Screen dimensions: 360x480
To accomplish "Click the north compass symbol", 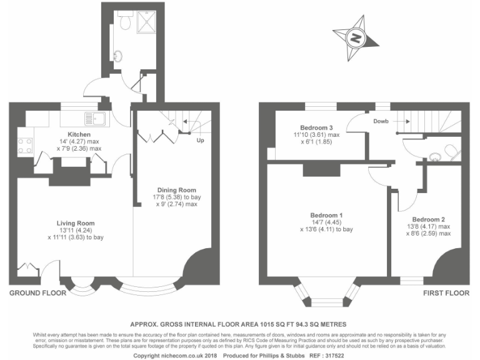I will tap(356, 38).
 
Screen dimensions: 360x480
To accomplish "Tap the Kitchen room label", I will tap(79, 134).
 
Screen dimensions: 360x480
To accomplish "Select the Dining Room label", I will tap(178, 190).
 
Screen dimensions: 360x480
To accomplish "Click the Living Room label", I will tap(76, 222).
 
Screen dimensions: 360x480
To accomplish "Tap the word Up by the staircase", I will tap(201, 141).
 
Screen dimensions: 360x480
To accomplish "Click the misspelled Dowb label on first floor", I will tap(381, 121).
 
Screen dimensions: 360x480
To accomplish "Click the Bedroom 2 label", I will tap(429, 219).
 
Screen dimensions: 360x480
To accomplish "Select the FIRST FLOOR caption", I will tap(446, 292).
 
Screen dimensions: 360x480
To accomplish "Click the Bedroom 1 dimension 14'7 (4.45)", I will tap(326, 222).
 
